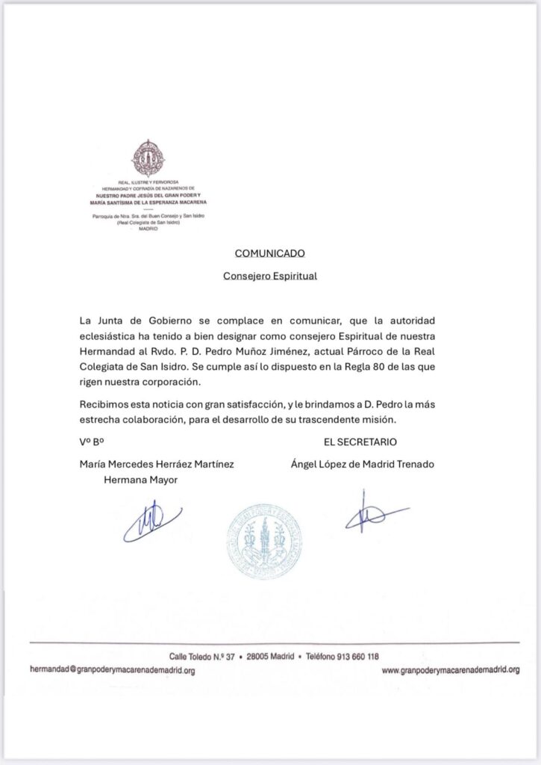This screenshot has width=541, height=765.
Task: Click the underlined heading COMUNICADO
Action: (x=269, y=254)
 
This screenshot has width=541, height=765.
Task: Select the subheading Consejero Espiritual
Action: (x=270, y=276)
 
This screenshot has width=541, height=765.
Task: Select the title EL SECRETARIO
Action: (x=360, y=442)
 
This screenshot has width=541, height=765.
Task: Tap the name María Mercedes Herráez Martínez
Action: (x=157, y=464)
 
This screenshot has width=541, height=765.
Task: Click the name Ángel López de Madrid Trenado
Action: (x=363, y=464)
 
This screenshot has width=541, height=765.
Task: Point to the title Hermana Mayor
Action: (x=141, y=480)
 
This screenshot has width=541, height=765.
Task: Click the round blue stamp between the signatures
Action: (x=263, y=542)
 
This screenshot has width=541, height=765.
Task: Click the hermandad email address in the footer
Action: (x=112, y=671)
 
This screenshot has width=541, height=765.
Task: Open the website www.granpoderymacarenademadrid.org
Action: (x=450, y=671)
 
